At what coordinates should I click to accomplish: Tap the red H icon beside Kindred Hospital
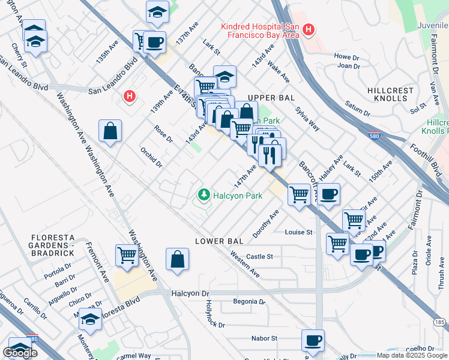pyautogui.click(x=309, y=29)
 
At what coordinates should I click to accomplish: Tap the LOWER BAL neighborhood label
pyautogui.click(x=219, y=241)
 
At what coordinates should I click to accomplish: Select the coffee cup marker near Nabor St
pyautogui.click(x=312, y=340)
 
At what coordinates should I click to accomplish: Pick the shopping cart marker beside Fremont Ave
pyautogui.click(x=127, y=254)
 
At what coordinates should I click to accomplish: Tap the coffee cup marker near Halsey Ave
pyautogui.click(x=329, y=194)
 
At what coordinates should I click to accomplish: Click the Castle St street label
pyautogui.click(x=259, y=256)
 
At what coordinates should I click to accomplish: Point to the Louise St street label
pyautogui.click(x=299, y=232)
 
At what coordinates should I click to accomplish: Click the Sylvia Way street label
pyautogui.click(x=307, y=119)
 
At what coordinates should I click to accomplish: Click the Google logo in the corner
pyautogui.click(x=20, y=353)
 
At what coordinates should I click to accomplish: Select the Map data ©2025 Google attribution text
pyautogui.click(x=411, y=355)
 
